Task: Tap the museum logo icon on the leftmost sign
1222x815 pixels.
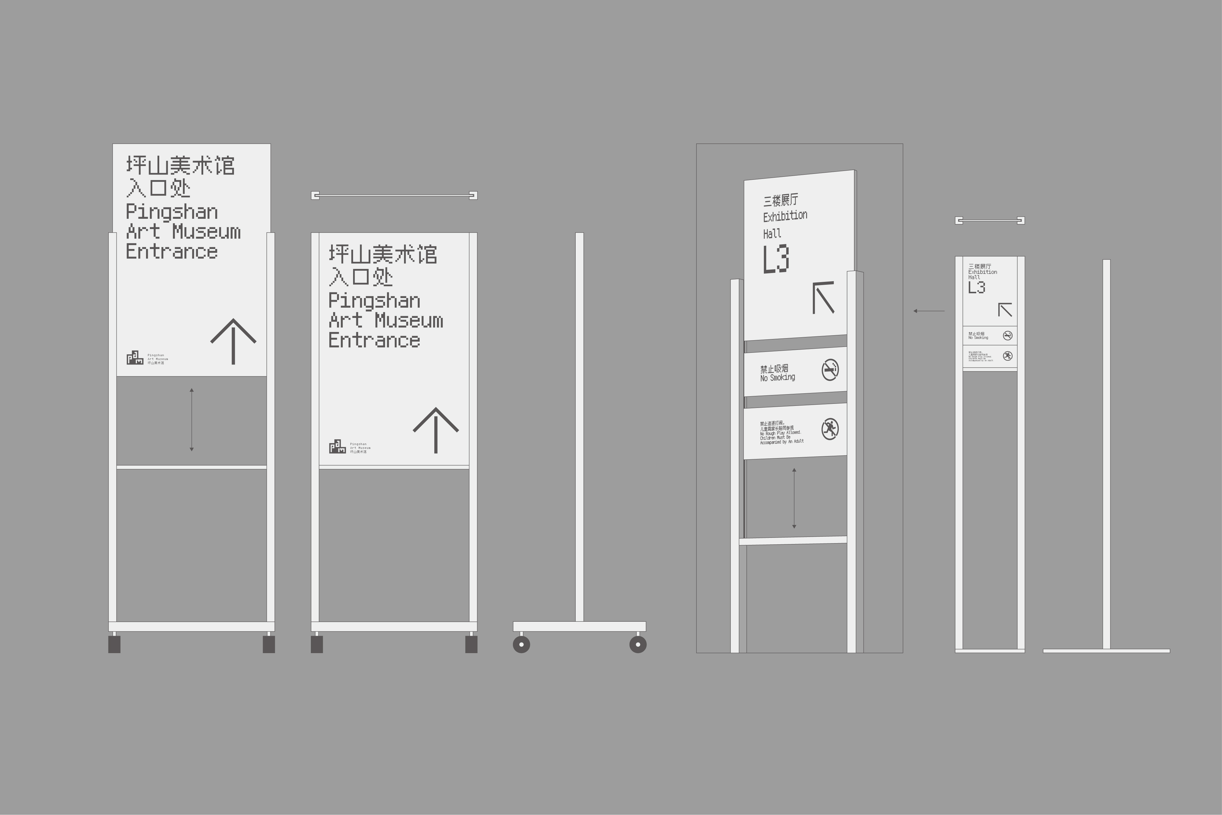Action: (x=135, y=358)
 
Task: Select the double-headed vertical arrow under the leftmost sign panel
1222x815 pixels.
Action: (x=192, y=419)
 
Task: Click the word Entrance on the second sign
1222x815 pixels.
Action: (x=374, y=340)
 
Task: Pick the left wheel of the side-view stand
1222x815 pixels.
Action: (x=521, y=645)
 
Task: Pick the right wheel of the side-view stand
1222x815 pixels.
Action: (x=638, y=645)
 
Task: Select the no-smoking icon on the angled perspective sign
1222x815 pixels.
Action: (x=830, y=370)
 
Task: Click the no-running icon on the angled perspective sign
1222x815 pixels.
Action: (x=830, y=429)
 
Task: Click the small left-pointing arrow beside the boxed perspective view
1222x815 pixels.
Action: (x=929, y=311)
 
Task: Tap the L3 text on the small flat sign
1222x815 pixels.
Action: (x=976, y=287)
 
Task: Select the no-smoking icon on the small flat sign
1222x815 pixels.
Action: (x=1007, y=336)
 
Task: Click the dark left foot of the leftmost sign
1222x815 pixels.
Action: (x=114, y=644)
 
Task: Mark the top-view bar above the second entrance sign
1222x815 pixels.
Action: (x=394, y=195)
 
